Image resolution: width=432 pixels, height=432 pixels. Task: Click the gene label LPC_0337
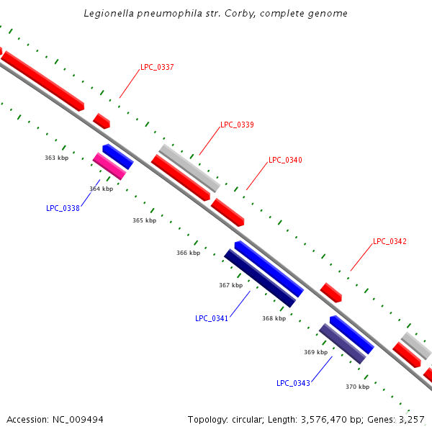157,68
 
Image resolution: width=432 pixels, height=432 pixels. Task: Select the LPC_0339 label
237,125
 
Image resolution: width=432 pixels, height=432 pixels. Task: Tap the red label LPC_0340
285,161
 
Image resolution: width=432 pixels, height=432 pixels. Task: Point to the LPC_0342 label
390,242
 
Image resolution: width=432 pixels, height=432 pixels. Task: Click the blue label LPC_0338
63,209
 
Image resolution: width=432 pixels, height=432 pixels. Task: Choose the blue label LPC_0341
212,318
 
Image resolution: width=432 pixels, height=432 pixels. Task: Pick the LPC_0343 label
293,383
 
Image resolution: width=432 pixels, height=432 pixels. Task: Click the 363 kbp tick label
56,158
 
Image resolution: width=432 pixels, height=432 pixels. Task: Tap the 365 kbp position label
144,221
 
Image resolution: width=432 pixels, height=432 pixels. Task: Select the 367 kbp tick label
230,286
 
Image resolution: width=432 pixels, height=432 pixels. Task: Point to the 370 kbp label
357,387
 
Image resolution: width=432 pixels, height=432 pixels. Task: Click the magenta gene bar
109,166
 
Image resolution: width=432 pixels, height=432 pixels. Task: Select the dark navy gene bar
259,278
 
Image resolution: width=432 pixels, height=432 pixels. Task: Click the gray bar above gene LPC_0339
189,168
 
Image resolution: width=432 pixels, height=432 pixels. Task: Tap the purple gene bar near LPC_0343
342,343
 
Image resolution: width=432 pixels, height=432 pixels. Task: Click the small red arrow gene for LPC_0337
102,121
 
